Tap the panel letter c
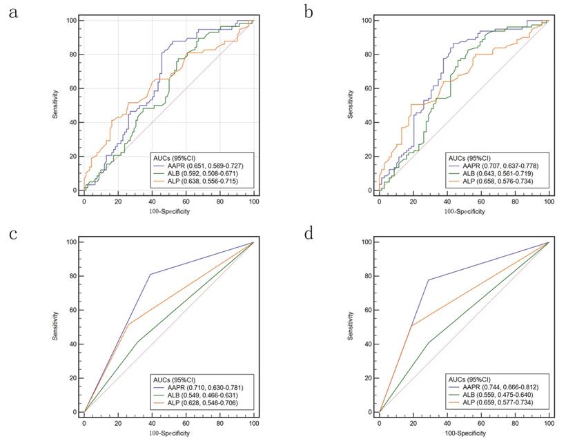(x=13, y=233)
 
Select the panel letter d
(x=309, y=233)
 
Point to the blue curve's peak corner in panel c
(x=150, y=275)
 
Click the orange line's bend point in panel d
(x=411, y=326)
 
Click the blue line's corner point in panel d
(x=429, y=280)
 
